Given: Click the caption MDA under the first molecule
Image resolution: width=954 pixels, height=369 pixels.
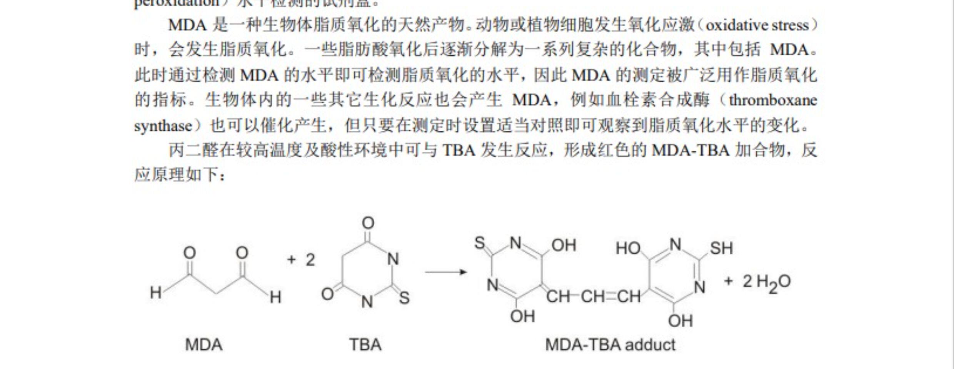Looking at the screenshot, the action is tap(203, 344).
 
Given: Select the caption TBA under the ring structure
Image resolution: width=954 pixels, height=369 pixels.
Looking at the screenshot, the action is tap(365, 344).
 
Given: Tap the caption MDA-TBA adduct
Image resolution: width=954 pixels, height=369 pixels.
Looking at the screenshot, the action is tap(610, 344).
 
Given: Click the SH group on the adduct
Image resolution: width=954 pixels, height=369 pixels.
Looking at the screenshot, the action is tap(721, 248).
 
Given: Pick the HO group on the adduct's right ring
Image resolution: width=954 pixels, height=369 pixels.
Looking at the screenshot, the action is tap(628, 248).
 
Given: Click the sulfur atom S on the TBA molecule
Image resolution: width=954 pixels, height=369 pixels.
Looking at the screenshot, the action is tap(404, 298).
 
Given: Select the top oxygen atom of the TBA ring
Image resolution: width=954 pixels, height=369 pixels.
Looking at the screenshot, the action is tap(368, 223).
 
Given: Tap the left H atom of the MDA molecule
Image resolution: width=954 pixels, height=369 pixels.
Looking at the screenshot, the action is tap(155, 293).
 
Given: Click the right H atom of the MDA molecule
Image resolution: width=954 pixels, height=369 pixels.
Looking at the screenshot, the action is tap(275, 297).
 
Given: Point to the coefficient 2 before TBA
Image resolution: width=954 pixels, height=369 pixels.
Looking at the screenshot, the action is tap(310, 260).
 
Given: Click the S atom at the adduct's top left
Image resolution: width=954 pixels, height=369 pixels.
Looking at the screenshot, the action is tap(480, 243).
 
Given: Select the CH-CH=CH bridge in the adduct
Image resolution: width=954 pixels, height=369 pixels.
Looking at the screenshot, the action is tap(593, 296).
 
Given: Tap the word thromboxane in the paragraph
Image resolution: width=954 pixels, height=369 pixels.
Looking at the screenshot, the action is tap(773, 100).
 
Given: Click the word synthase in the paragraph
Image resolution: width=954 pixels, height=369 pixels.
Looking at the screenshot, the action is tap(163, 126).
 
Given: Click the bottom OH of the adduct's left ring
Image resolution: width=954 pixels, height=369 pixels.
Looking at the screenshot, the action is tap(522, 316).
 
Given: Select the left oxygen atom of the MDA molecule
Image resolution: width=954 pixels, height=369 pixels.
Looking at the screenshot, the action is tap(189, 253).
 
